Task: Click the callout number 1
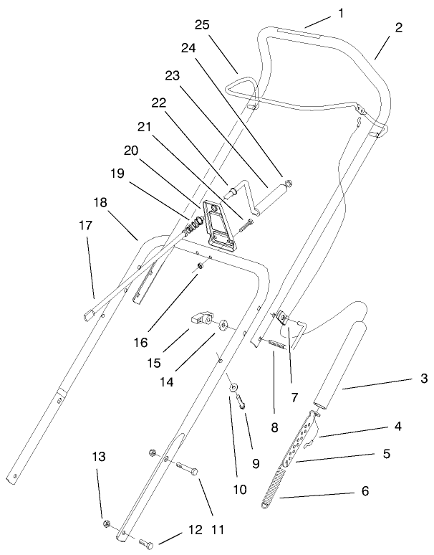(x=341, y=12)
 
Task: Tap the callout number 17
(x=85, y=225)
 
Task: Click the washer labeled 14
(x=223, y=325)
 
